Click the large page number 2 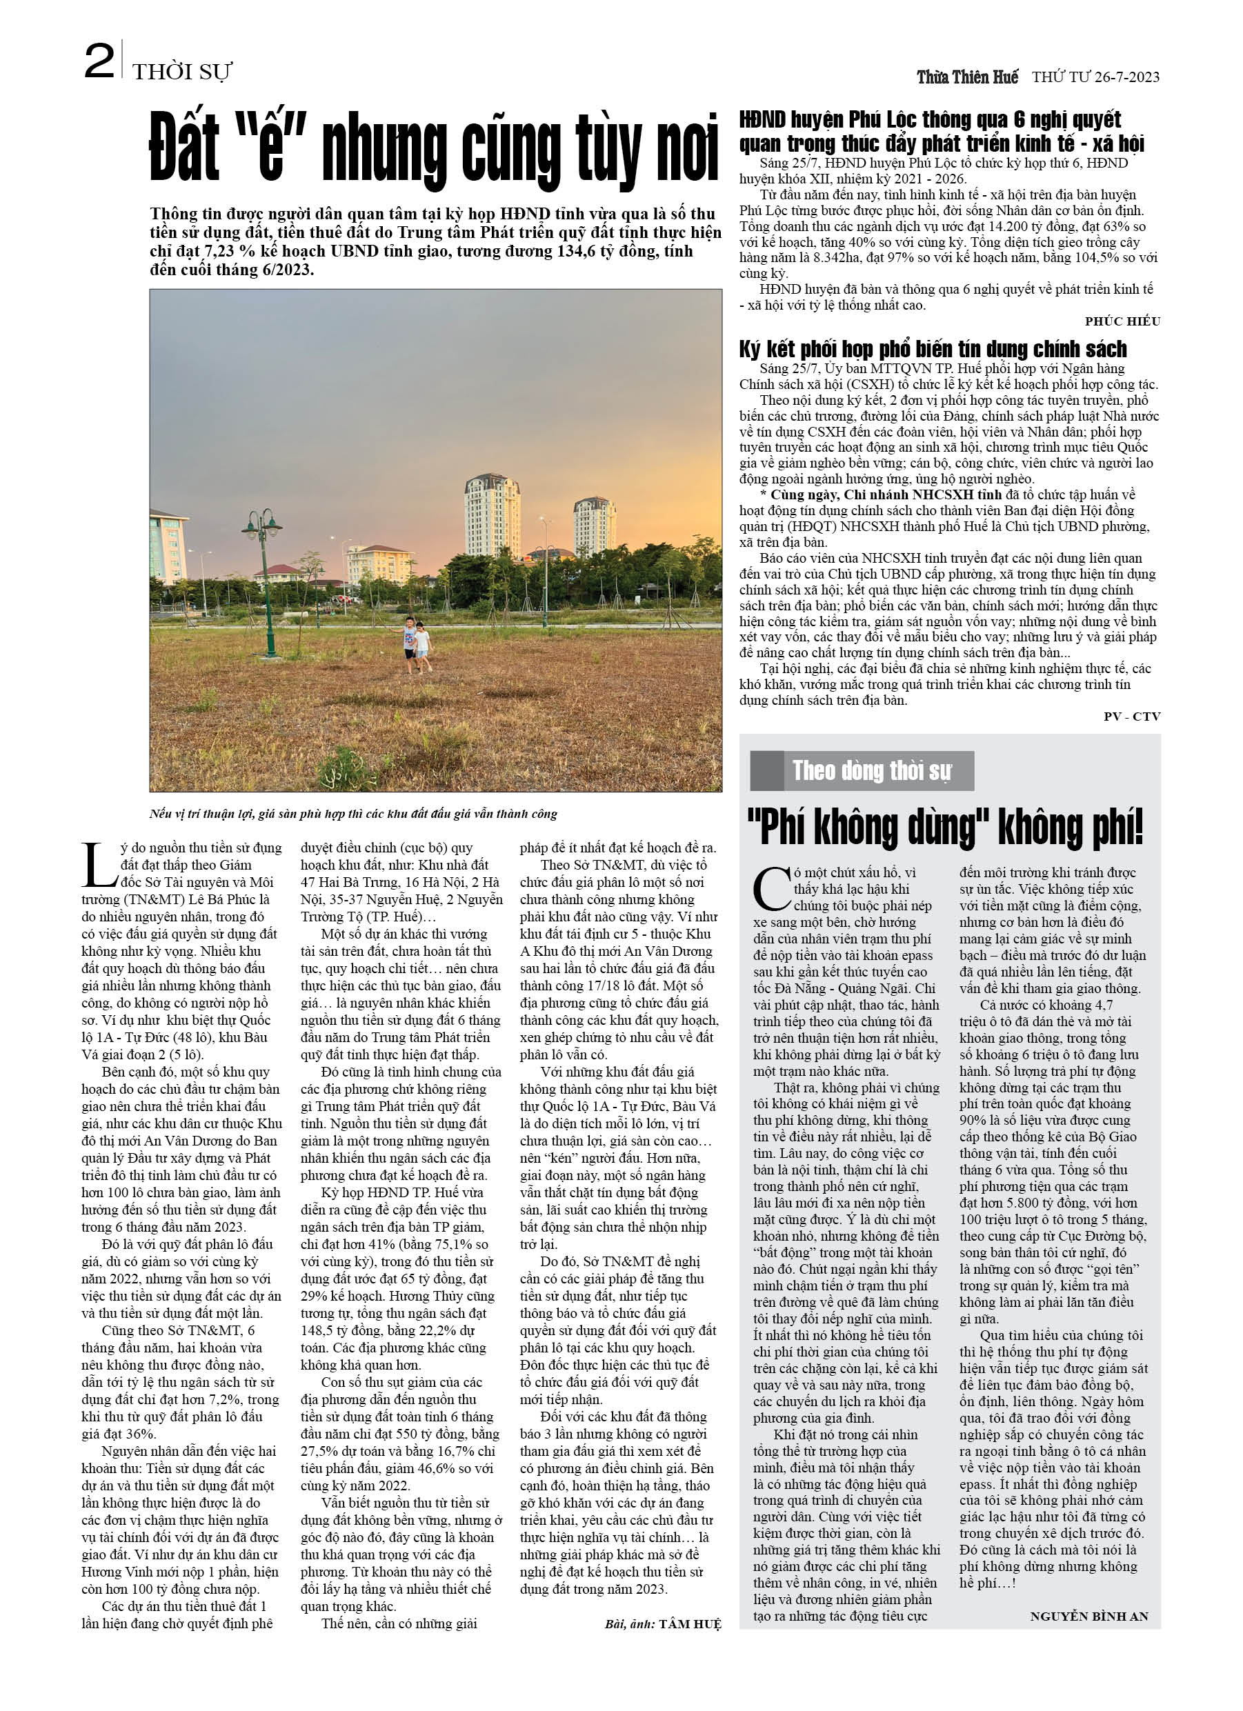[99, 62]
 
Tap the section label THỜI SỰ [181, 72]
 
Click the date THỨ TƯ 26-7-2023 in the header [1095, 77]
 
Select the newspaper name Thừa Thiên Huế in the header [967, 77]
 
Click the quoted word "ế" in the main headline [271, 147]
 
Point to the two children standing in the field [416, 644]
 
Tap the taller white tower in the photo [492, 514]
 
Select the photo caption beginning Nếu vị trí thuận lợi [353, 814]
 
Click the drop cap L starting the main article [99, 865]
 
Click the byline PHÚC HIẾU [1122, 321]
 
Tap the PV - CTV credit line [1131, 716]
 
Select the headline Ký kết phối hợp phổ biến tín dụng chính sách [932, 349]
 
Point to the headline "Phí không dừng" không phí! [945, 828]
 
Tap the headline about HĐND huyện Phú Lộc [941, 131]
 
